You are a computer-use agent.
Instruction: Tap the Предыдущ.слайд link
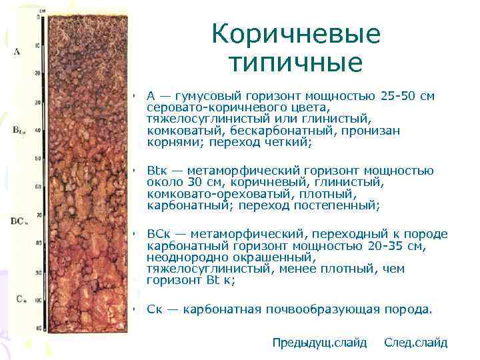319,343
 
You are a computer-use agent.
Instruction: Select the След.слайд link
416,343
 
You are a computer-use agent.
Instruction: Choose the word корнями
171,142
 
